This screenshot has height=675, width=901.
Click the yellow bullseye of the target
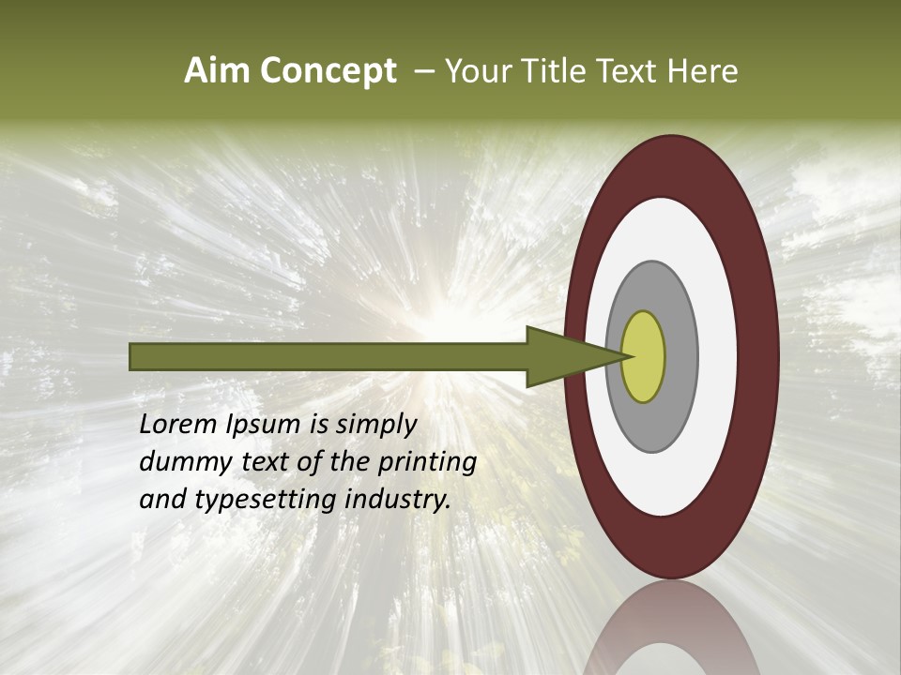coord(644,356)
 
